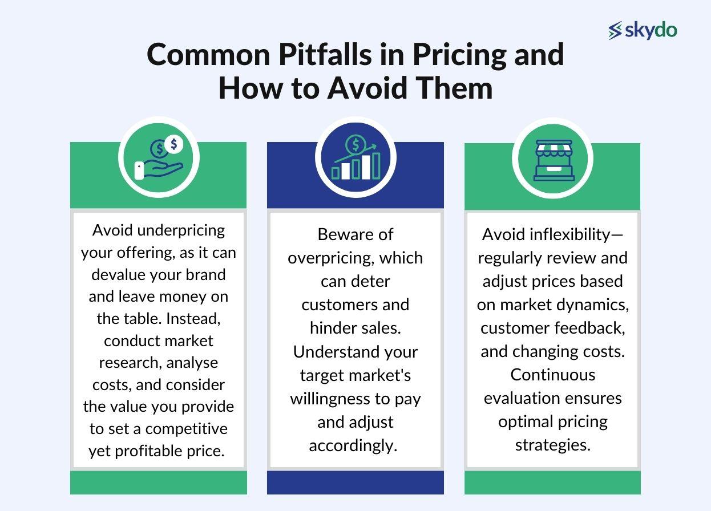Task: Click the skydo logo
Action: pos(643,30)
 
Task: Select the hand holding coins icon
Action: pos(159,158)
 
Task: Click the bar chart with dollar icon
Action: pos(355,158)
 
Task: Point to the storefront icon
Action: pos(552,159)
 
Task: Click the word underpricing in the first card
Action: pos(181,230)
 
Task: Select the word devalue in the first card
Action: pos(119,274)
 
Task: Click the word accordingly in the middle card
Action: pos(353,445)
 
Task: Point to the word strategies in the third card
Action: pos(552,445)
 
